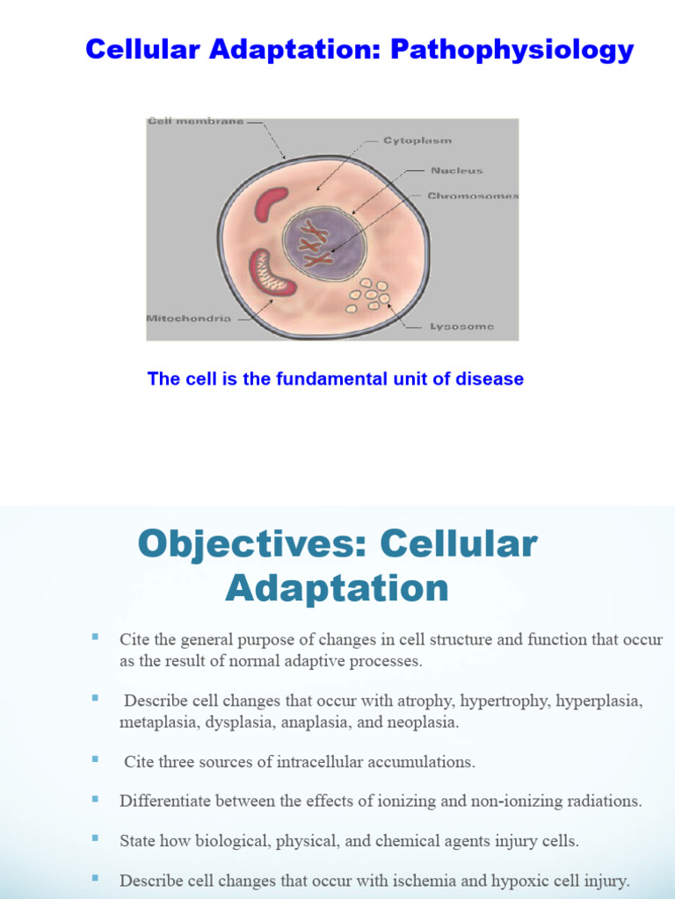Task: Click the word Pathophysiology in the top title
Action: pyautogui.click(x=512, y=50)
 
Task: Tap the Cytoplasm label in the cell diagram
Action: pyautogui.click(x=417, y=140)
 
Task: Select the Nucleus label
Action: pyautogui.click(x=456, y=171)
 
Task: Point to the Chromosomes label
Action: pyautogui.click(x=473, y=196)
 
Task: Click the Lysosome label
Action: pyautogui.click(x=461, y=327)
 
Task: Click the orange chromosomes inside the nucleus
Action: pyautogui.click(x=314, y=244)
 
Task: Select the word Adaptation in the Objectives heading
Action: pyautogui.click(x=337, y=587)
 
